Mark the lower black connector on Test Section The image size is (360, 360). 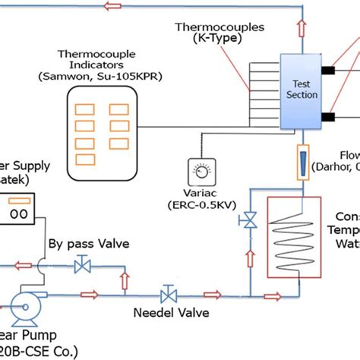(x=328, y=117)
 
